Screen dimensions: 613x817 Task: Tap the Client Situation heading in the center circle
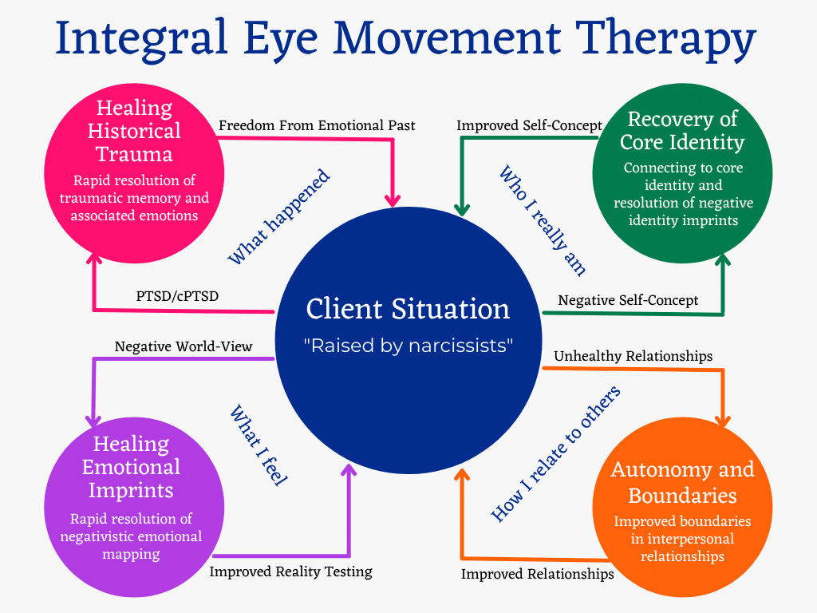pyautogui.click(x=408, y=309)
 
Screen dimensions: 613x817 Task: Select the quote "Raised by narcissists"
pyautogui.click(x=408, y=346)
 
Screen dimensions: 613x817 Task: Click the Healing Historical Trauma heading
pyautogui.click(x=134, y=131)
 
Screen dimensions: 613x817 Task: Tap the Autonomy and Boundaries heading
pyautogui.click(x=682, y=482)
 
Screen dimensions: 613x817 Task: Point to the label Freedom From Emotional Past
pyautogui.click(x=317, y=125)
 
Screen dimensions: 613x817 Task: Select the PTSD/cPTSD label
pyautogui.click(x=177, y=296)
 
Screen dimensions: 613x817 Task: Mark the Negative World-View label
pyautogui.click(x=184, y=346)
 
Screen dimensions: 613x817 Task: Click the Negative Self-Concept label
pyautogui.click(x=628, y=300)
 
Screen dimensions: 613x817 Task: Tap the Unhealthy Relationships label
pyautogui.click(x=632, y=356)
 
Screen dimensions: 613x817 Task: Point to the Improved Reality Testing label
pyautogui.click(x=290, y=571)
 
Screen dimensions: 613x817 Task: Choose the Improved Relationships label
pyautogui.click(x=538, y=574)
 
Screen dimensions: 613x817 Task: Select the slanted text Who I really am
pyautogui.click(x=543, y=220)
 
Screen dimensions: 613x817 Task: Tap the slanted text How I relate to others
pyautogui.click(x=555, y=455)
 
